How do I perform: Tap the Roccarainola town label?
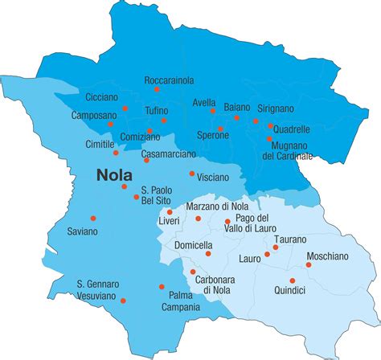(169, 80)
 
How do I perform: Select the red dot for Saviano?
(94, 218)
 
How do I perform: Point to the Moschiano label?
(327, 256)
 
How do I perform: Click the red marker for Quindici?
(292, 280)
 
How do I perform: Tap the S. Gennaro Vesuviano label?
(97, 290)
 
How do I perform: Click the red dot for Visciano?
(191, 173)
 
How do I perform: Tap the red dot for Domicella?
(208, 253)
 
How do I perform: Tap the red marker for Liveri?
(170, 212)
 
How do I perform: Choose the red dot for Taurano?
(276, 247)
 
